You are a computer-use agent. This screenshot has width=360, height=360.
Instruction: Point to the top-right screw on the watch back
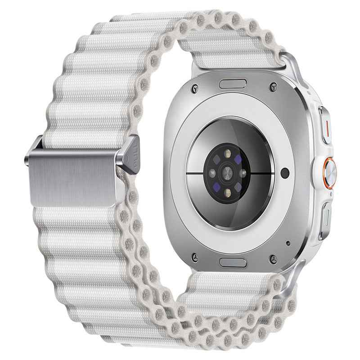(x=273, y=85)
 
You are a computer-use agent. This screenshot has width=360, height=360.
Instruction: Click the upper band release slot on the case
(x=233, y=83)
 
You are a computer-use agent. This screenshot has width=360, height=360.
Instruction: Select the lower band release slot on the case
(x=233, y=261)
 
